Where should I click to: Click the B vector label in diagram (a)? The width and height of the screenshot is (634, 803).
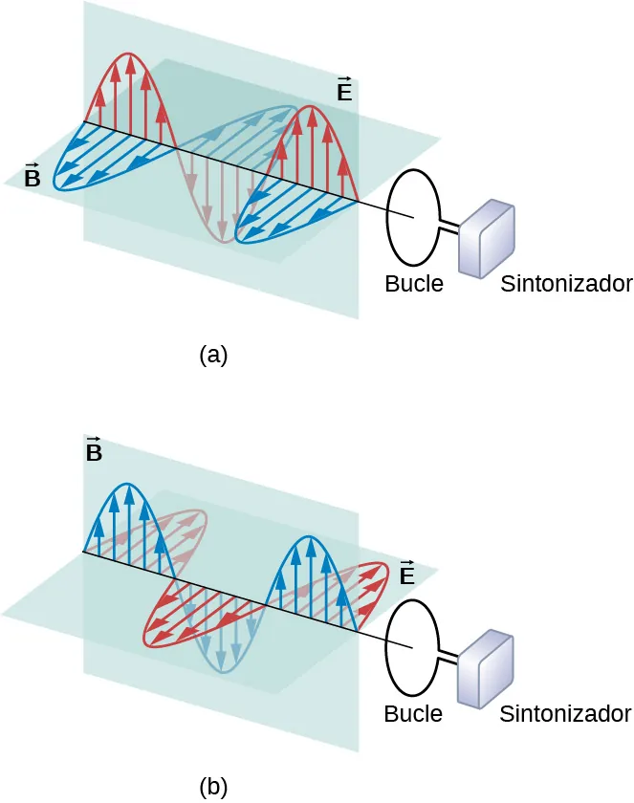(x=32, y=176)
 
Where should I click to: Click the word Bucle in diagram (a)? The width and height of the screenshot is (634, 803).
(x=414, y=284)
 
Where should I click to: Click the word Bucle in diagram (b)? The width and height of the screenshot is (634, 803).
(x=413, y=713)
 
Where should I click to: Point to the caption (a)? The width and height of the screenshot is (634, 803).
(x=213, y=355)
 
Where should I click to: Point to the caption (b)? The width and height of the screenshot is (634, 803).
(x=213, y=786)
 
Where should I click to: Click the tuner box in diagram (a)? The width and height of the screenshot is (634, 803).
(x=488, y=239)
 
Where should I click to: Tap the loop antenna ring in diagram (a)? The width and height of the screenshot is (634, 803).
(x=387, y=215)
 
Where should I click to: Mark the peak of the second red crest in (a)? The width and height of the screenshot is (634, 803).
(x=311, y=107)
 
